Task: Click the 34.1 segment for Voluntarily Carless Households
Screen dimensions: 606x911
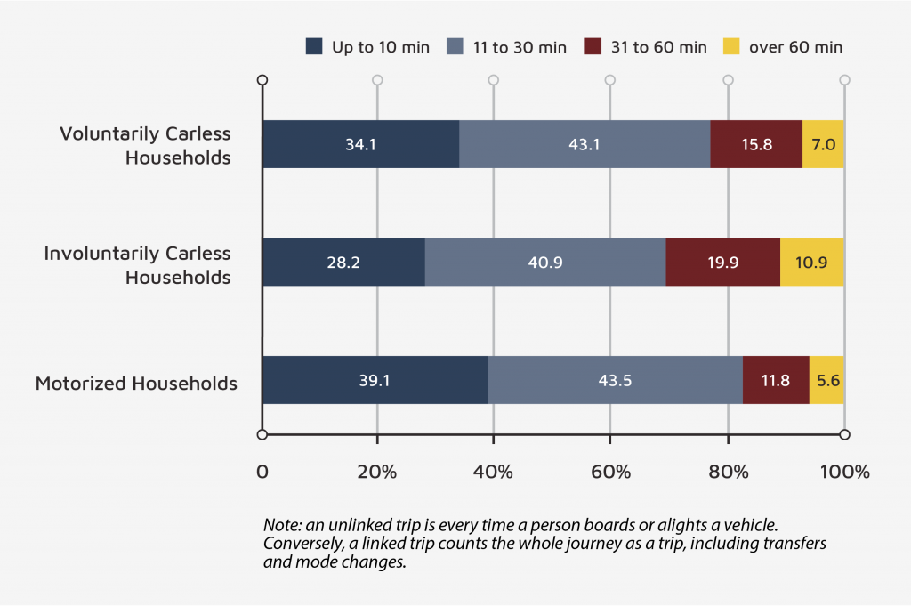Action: [x=360, y=144]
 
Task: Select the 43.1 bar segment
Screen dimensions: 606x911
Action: [x=584, y=144]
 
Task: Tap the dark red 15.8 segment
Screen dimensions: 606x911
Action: [x=756, y=144]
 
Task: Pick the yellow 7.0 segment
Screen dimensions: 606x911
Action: [x=823, y=144]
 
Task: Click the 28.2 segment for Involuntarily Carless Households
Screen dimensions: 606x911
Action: [x=343, y=262]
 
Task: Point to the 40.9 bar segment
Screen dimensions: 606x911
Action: [x=545, y=262]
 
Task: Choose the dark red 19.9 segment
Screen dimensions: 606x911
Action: [x=722, y=262]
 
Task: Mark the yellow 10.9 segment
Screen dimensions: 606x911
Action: [x=811, y=262]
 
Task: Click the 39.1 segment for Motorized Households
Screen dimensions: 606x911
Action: [x=375, y=380]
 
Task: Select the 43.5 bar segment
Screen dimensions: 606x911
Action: [x=615, y=380]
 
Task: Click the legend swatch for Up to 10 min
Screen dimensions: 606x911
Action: [x=314, y=46]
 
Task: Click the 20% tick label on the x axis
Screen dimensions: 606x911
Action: [x=377, y=472]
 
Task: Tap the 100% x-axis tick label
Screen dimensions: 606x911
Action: [x=843, y=472]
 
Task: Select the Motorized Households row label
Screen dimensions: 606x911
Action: [x=136, y=384]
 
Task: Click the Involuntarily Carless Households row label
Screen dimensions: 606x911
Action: [x=138, y=265]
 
